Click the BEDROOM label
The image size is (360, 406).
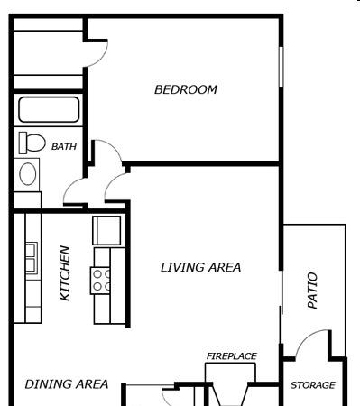click(186, 89)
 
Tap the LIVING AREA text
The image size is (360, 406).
click(200, 267)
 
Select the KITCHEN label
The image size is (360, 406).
click(65, 273)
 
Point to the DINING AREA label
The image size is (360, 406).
click(67, 384)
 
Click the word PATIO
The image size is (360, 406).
click(312, 291)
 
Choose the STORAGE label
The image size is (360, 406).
click(313, 385)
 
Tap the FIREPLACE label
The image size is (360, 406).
click(232, 356)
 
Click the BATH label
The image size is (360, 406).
click(64, 146)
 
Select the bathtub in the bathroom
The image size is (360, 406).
click(49, 109)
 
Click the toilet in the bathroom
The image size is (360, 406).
click(32, 143)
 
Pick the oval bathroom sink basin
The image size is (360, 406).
click(28, 174)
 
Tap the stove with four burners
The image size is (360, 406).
click(100, 281)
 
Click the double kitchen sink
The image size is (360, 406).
click(32, 258)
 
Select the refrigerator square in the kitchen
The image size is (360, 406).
click(106, 230)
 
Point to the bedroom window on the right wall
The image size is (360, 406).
click(281, 67)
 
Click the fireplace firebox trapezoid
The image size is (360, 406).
click(230, 394)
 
